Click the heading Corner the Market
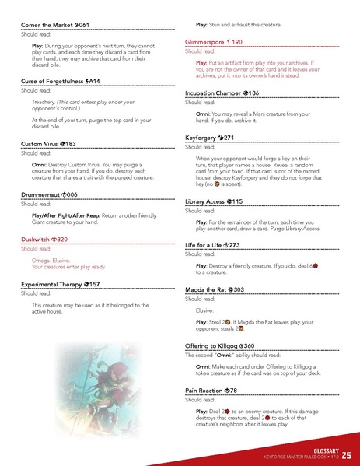point(54,26)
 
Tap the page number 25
point(345,454)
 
